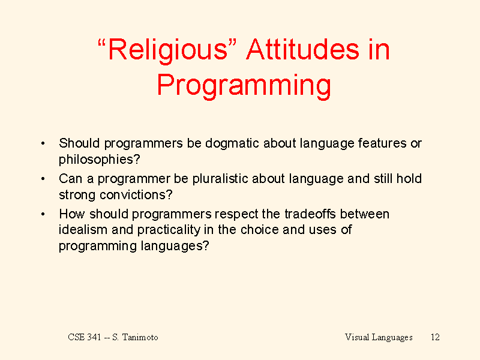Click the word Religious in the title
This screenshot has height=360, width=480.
(x=168, y=50)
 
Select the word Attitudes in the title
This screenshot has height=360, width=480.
(x=303, y=49)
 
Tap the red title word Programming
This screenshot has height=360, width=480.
(x=244, y=86)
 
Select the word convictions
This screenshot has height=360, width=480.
(x=133, y=194)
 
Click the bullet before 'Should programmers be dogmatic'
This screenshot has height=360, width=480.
(x=43, y=143)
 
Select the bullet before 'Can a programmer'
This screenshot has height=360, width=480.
(x=43, y=179)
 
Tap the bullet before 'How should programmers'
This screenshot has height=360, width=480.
(x=43, y=214)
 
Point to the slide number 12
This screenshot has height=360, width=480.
(x=435, y=337)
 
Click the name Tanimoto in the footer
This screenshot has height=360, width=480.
(x=140, y=337)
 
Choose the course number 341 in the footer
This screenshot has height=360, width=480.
(x=94, y=337)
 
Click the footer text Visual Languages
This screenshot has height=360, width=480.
(x=379, y=337)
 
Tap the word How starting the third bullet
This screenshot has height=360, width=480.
(x=72, y=214)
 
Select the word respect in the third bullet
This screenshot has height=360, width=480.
(x=236, y=215)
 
